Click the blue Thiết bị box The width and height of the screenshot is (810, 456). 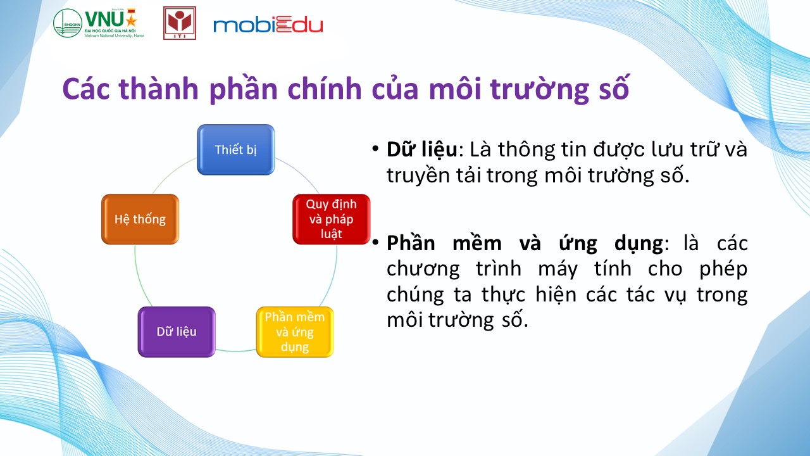pos(236,149)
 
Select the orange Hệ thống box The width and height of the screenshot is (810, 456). pos(140,219)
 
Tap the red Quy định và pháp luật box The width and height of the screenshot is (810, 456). pos(331,219)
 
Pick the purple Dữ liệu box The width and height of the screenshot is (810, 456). pos(177,331)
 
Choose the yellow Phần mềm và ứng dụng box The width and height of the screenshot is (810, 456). pos(295,331)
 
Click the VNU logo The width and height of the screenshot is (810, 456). pos(98,23)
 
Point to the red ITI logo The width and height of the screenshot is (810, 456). pos(180,23)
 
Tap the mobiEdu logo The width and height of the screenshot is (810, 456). pos(268,25)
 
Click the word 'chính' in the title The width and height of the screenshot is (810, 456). pos(325,89)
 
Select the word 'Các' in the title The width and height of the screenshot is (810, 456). pos(85,89)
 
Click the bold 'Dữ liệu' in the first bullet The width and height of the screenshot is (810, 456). pos(422,149)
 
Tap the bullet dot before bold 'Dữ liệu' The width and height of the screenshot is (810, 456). pos(375,149)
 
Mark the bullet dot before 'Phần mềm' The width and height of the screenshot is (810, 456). pos(375,242)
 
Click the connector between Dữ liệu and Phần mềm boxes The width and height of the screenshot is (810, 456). pos(236,350)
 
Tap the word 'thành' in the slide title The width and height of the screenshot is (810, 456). pos(159,89)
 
